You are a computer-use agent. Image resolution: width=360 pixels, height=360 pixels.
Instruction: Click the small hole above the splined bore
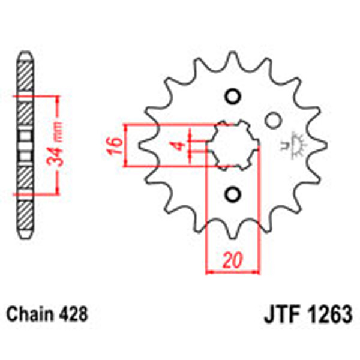(232, 97)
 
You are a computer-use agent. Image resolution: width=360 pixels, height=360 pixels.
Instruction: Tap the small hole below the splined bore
(232, 193)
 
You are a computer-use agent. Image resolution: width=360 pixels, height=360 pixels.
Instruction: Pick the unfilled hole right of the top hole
(273, 120)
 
